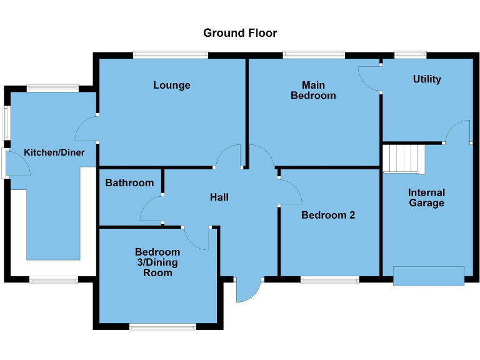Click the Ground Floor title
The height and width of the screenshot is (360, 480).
point(240,32)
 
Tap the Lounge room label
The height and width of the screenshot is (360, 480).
point(171,85)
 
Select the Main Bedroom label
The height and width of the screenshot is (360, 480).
point(318,90)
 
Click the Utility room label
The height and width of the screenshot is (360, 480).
point(427,79)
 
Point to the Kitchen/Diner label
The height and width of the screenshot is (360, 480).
point(54,152)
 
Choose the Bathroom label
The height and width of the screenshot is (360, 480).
point(129,183)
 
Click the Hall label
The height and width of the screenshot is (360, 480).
point(219,197)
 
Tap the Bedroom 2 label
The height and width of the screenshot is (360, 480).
point(328,215)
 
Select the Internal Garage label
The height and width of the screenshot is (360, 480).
point(427,197)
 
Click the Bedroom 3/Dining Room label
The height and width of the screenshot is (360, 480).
point(157,262)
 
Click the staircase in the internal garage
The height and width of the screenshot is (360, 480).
point(403,159)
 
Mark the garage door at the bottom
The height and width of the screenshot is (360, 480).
point(429,276)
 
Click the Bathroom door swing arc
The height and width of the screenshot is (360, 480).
point(150,209)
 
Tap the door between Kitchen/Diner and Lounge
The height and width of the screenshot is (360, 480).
point(86,129)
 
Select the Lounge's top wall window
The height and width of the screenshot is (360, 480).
point(170,55)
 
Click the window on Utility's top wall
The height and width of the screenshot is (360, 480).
point(410,55)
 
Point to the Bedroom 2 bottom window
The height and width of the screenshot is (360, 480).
point(329,279)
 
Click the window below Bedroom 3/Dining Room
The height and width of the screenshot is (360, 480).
point(163,326)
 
